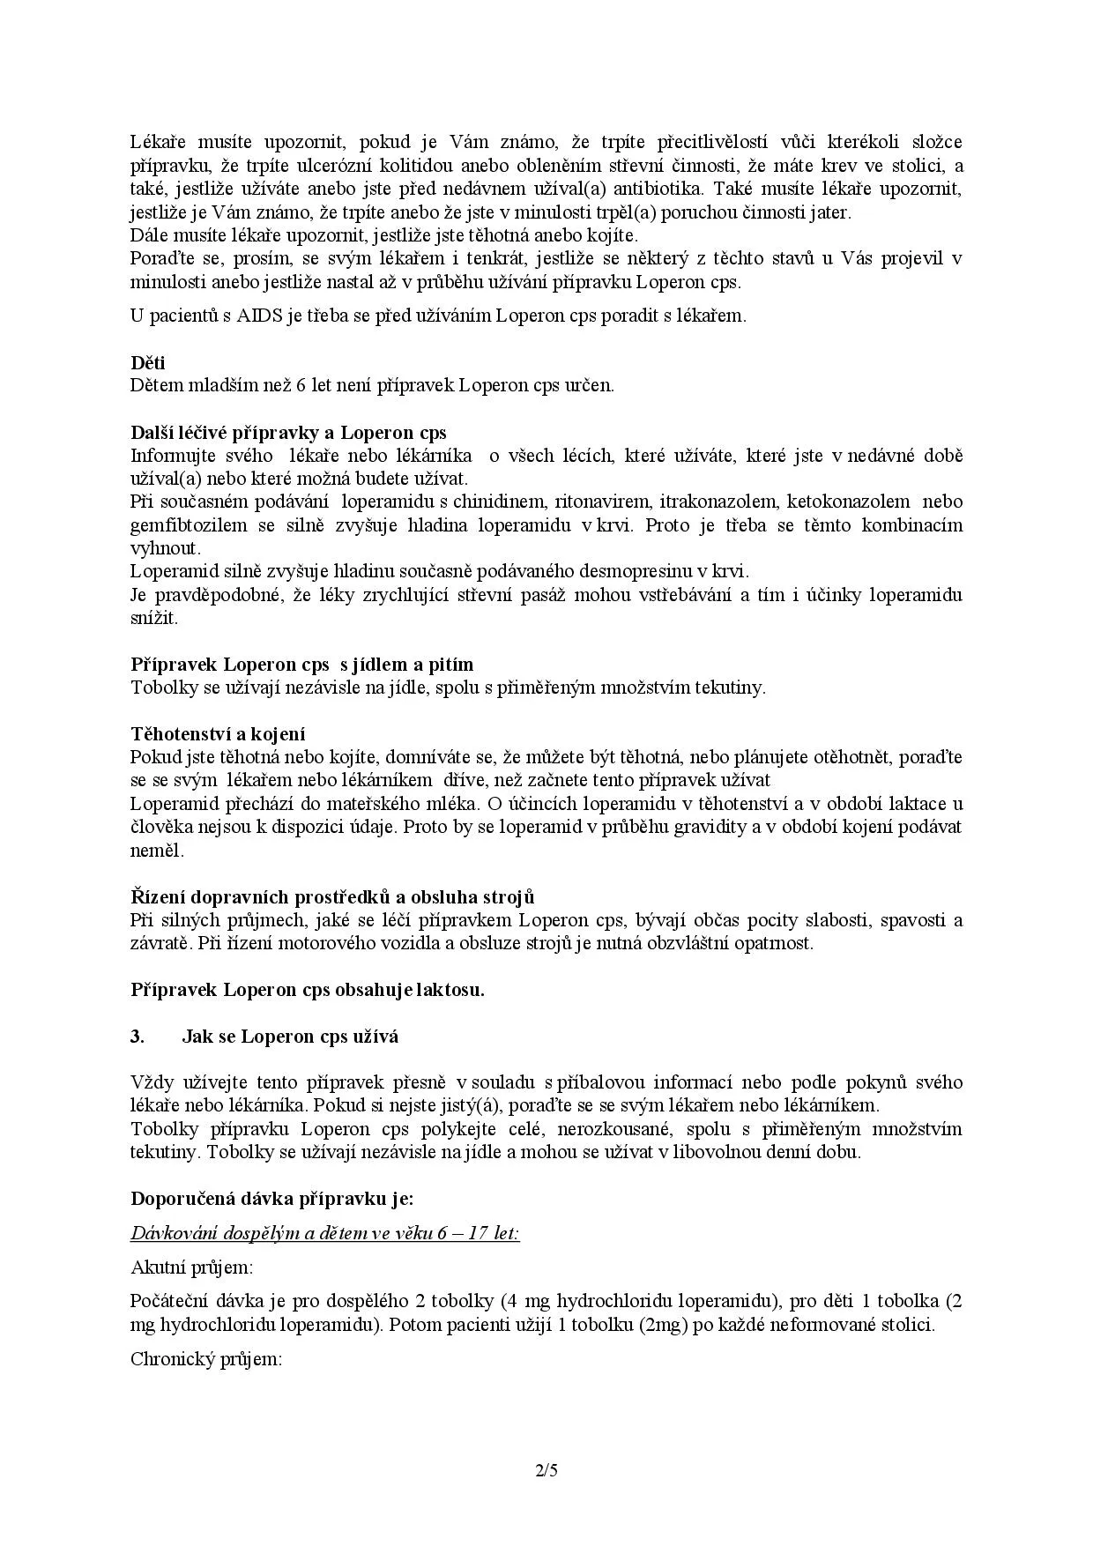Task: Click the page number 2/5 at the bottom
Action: pyautogui.click(x=546, y=1470)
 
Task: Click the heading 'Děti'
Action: pyautogui.click(x=147, y=362)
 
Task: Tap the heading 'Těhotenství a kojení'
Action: pyautogui.click(x=218, y=733)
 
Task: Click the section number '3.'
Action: pyautogui.click(x=138, y=1037)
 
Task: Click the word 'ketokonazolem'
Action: pyautogui.click(x=848, y=502)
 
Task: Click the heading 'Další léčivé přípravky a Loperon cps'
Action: pyautogui.click(x=288, y=433)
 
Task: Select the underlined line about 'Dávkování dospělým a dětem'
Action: pyautogui.click(x=324, y=1233)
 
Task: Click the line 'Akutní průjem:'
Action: pyautogui.click(x=191, y=1267)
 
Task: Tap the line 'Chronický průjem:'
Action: pyautogui.click(x=205, y=1359)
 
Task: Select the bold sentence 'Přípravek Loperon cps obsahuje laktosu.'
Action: pyautogui.click(x=308, y=990)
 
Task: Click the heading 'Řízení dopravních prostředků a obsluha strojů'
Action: pyautogui.click(x=332, y=897)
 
